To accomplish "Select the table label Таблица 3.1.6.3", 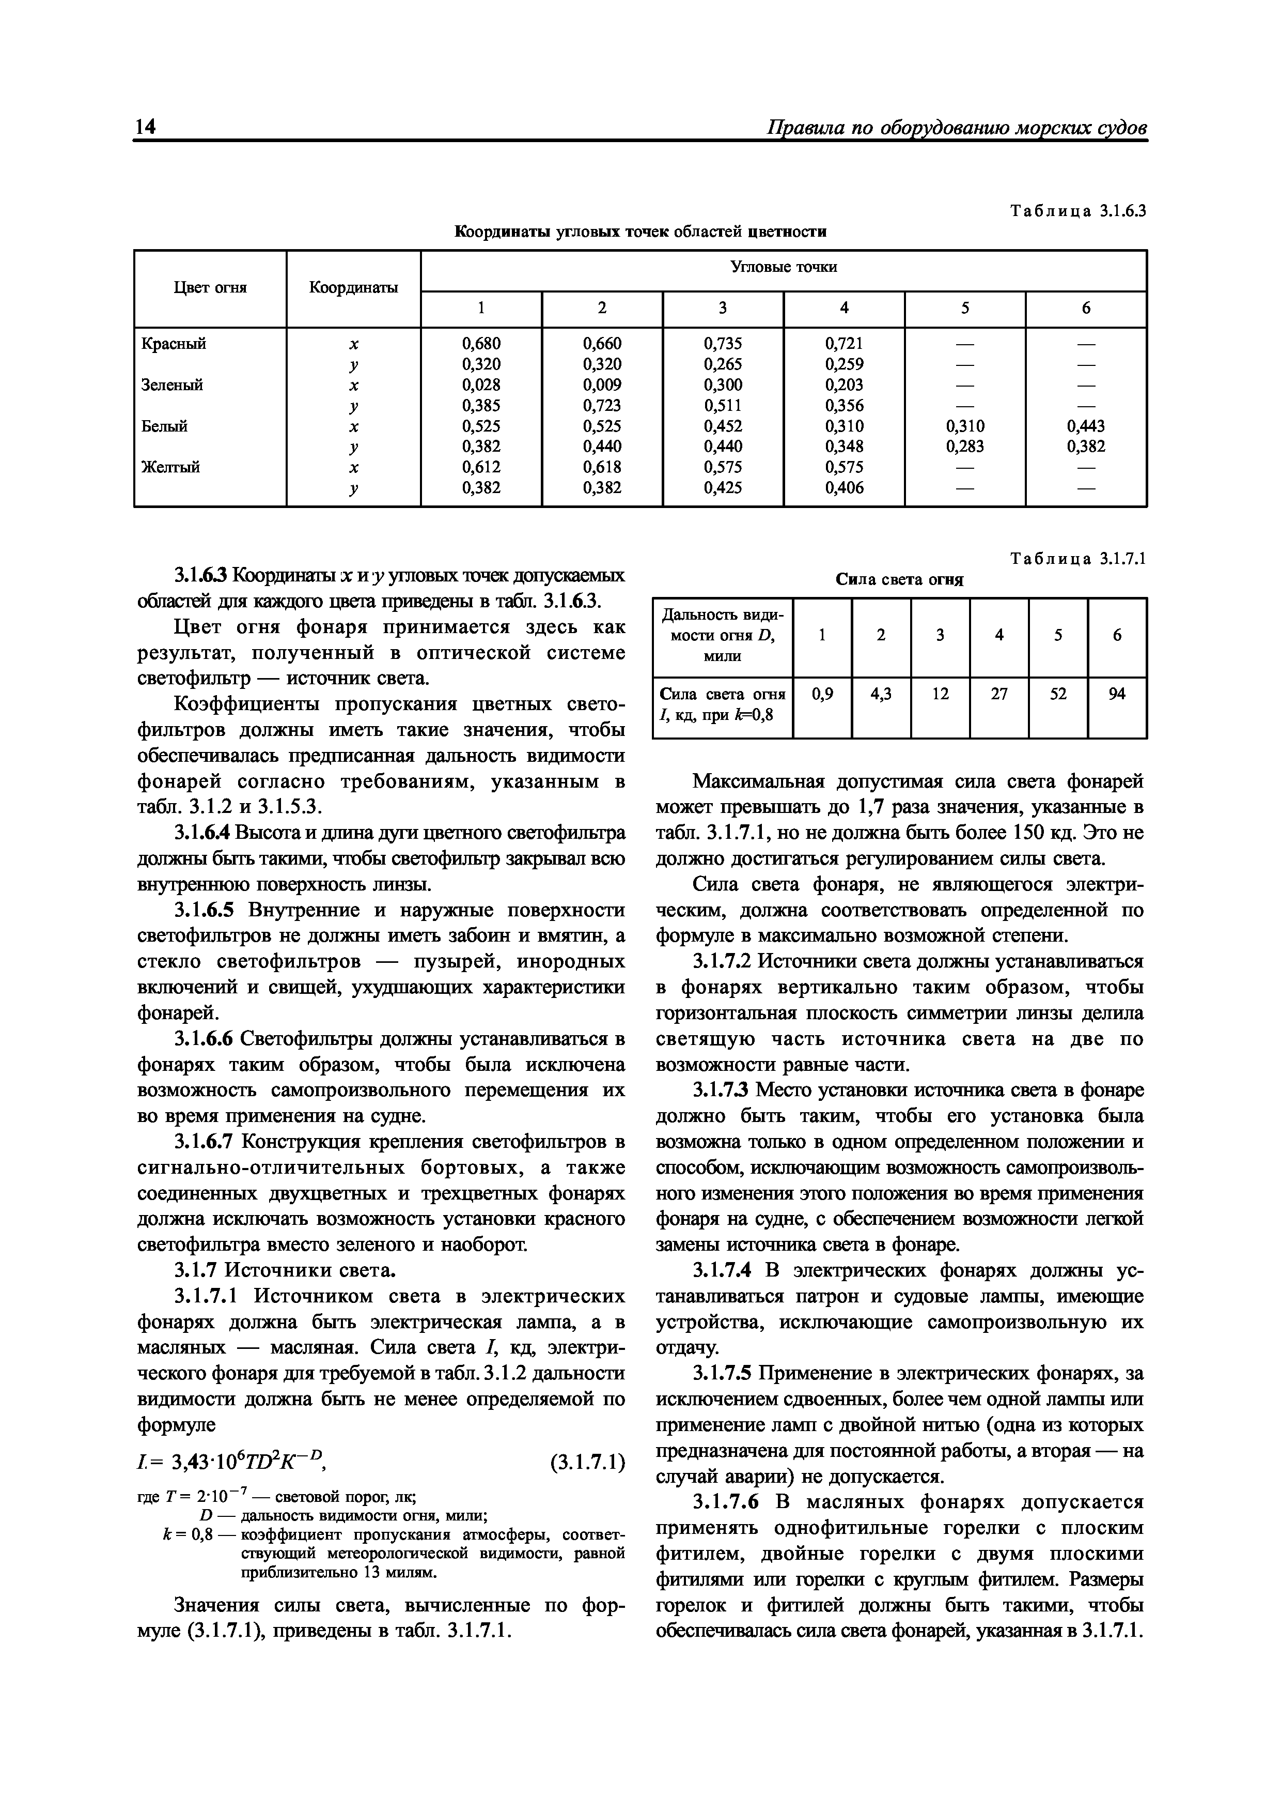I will (1077, 211).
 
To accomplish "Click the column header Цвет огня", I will (210, 288).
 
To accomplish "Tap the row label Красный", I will (174, 344).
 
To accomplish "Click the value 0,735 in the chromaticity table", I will (723, 344).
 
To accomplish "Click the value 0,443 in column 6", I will (1086, 426).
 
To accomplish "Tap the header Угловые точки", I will (783, 268).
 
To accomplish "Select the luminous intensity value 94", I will (1117, 694).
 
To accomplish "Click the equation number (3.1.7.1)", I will (586, 1462).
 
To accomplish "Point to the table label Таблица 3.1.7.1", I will (1077, 559).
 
